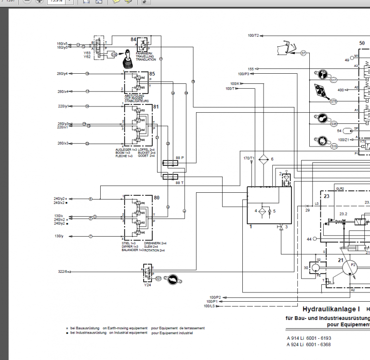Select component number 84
click(x=133, y=39)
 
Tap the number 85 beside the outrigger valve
click(x=152, y=74)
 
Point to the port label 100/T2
click(x=253, y=35)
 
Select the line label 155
click(x=251, y=69)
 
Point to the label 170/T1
click(x=249, y=158)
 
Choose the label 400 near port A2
click(x=341, y=90)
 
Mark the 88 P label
click(x=180, y=158)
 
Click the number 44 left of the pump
click(x=309, y=239)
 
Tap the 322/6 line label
click(x=64, y=272)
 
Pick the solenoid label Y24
click(x=147, y=284)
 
